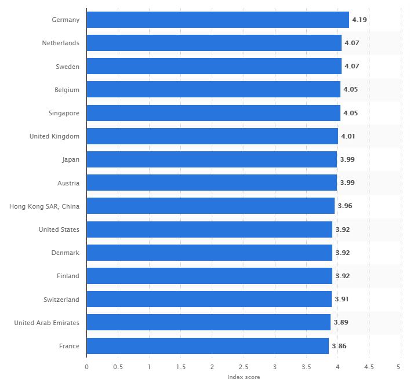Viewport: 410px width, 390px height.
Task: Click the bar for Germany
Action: (217, 20)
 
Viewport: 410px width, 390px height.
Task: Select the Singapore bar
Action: (213, 113)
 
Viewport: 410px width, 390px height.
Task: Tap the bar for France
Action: (208, 346)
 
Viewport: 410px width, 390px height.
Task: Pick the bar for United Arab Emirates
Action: (208, 323)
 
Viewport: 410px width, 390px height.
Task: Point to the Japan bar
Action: (212, 159)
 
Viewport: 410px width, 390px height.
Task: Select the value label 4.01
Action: (348, 136)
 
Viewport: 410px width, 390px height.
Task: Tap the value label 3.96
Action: (344, 206)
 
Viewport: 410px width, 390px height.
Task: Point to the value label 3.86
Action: (339, 346)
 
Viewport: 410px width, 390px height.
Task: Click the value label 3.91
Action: (342, 300)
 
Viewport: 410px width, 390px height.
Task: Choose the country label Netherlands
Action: (60, 43)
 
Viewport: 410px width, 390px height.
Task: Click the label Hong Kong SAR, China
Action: (45, 206)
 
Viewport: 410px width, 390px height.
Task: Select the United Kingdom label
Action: (55, 136)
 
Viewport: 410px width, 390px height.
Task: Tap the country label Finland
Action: (68, 276)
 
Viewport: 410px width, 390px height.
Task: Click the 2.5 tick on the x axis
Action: (244, 367)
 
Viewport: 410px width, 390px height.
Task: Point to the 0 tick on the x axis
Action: (86, 367)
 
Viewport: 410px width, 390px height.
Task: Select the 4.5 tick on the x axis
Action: (368, 367)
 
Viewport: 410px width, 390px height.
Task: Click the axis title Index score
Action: (244, 377)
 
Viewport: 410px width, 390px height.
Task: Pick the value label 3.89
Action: (340, 323)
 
